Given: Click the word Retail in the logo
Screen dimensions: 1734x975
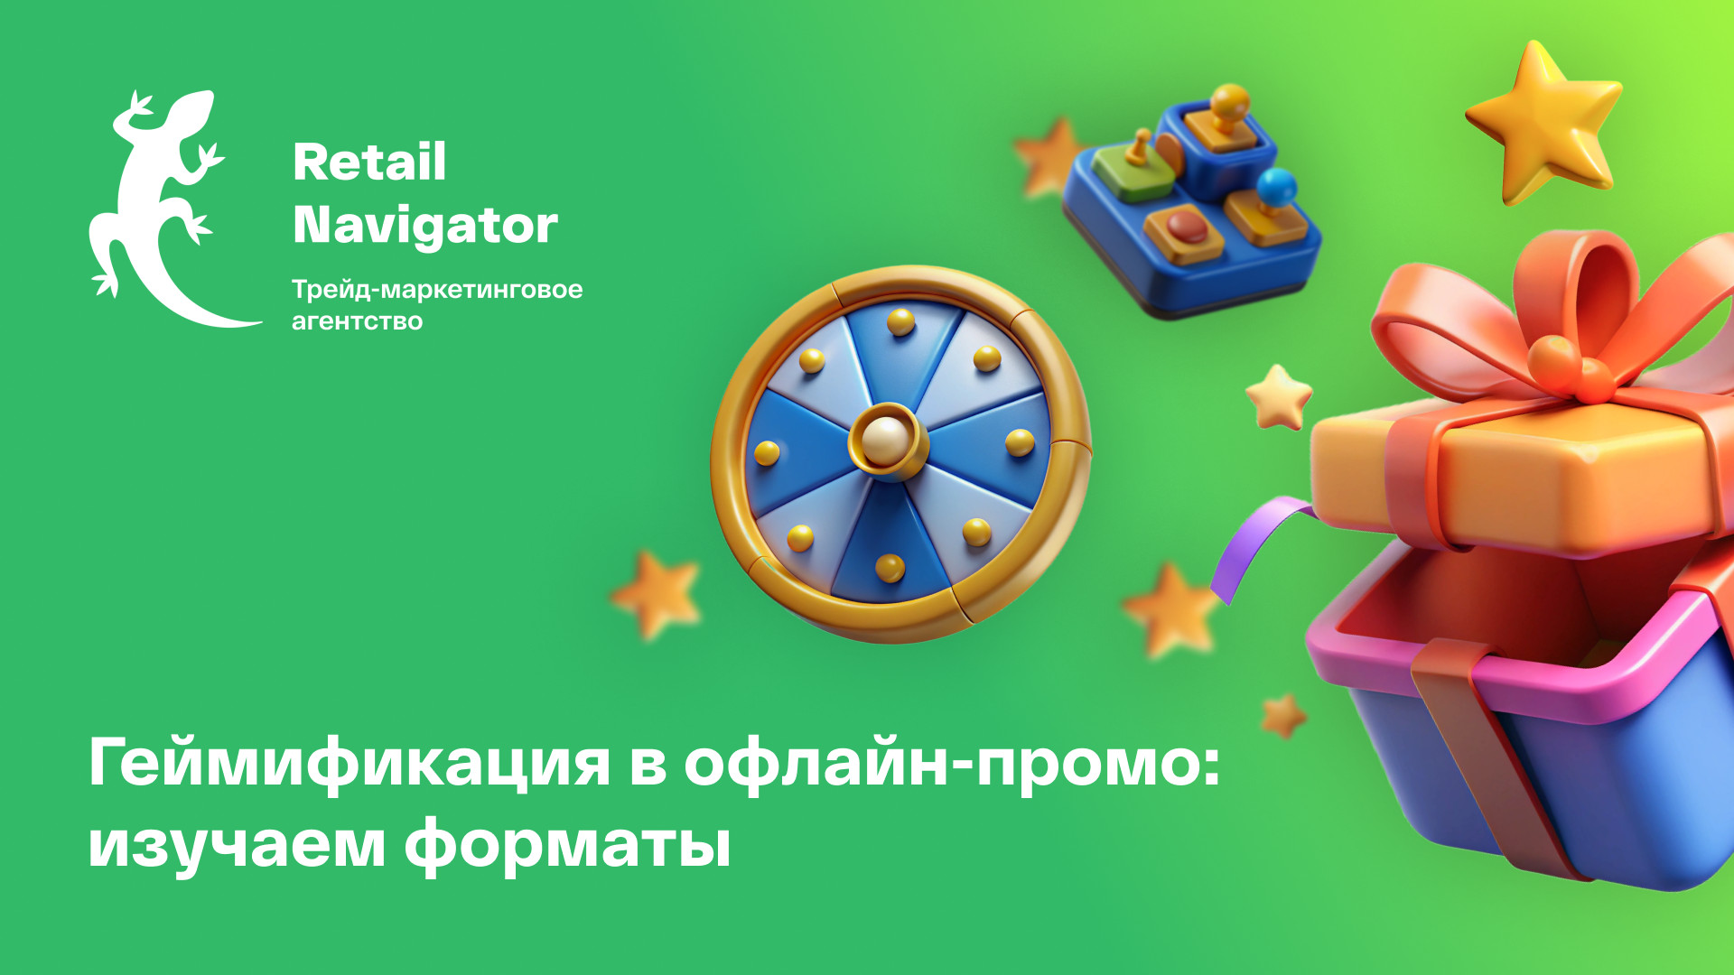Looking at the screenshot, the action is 369,162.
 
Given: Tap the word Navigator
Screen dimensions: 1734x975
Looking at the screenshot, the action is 425,226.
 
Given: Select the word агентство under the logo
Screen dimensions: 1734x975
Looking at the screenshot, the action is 357,321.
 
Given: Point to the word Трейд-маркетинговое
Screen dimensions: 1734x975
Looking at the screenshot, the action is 437,290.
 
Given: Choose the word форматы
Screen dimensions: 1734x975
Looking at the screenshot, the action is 567,847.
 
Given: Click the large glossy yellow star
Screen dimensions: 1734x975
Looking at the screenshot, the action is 1545,122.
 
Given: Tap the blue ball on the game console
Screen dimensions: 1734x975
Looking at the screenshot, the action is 1276,186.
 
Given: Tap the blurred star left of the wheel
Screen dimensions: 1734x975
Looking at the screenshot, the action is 657,596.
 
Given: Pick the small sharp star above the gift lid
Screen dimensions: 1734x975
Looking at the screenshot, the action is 1279,397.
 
